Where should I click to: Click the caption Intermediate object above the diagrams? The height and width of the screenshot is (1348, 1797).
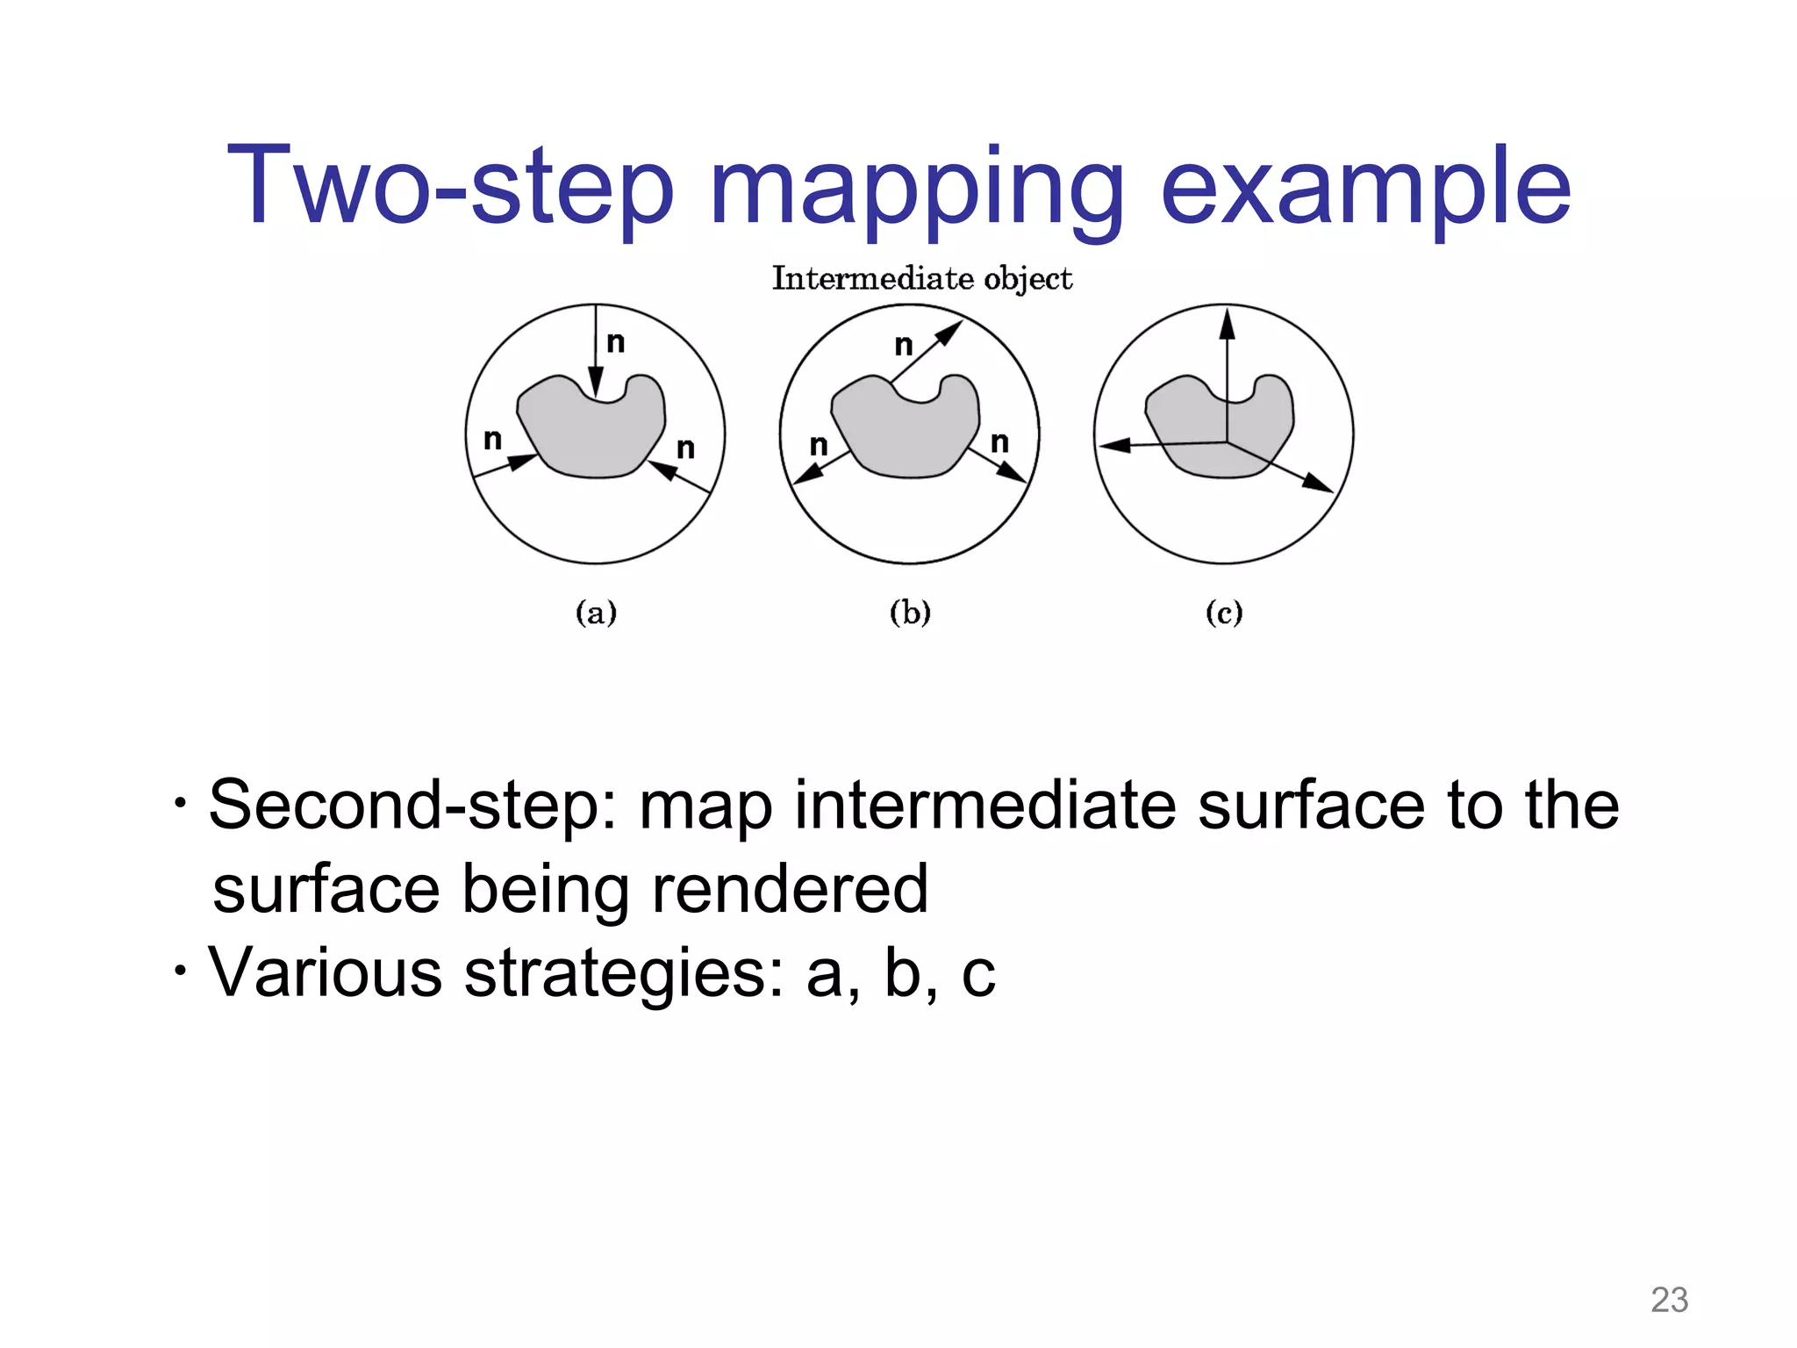(x=921, y=279)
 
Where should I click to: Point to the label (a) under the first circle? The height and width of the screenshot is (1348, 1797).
(x=596, y=612)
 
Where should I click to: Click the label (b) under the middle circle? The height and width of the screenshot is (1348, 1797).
(x=910, y=612)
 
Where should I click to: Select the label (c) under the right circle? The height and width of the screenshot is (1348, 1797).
(x=1224, y=612)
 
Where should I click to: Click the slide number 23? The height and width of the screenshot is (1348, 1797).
(x=1669, y=1300)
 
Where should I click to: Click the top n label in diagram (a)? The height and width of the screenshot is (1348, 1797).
(x=616, y=342)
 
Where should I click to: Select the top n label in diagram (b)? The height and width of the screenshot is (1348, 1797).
(x=904, y=346)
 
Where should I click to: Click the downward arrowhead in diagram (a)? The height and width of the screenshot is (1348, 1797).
(x=596, y=384)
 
